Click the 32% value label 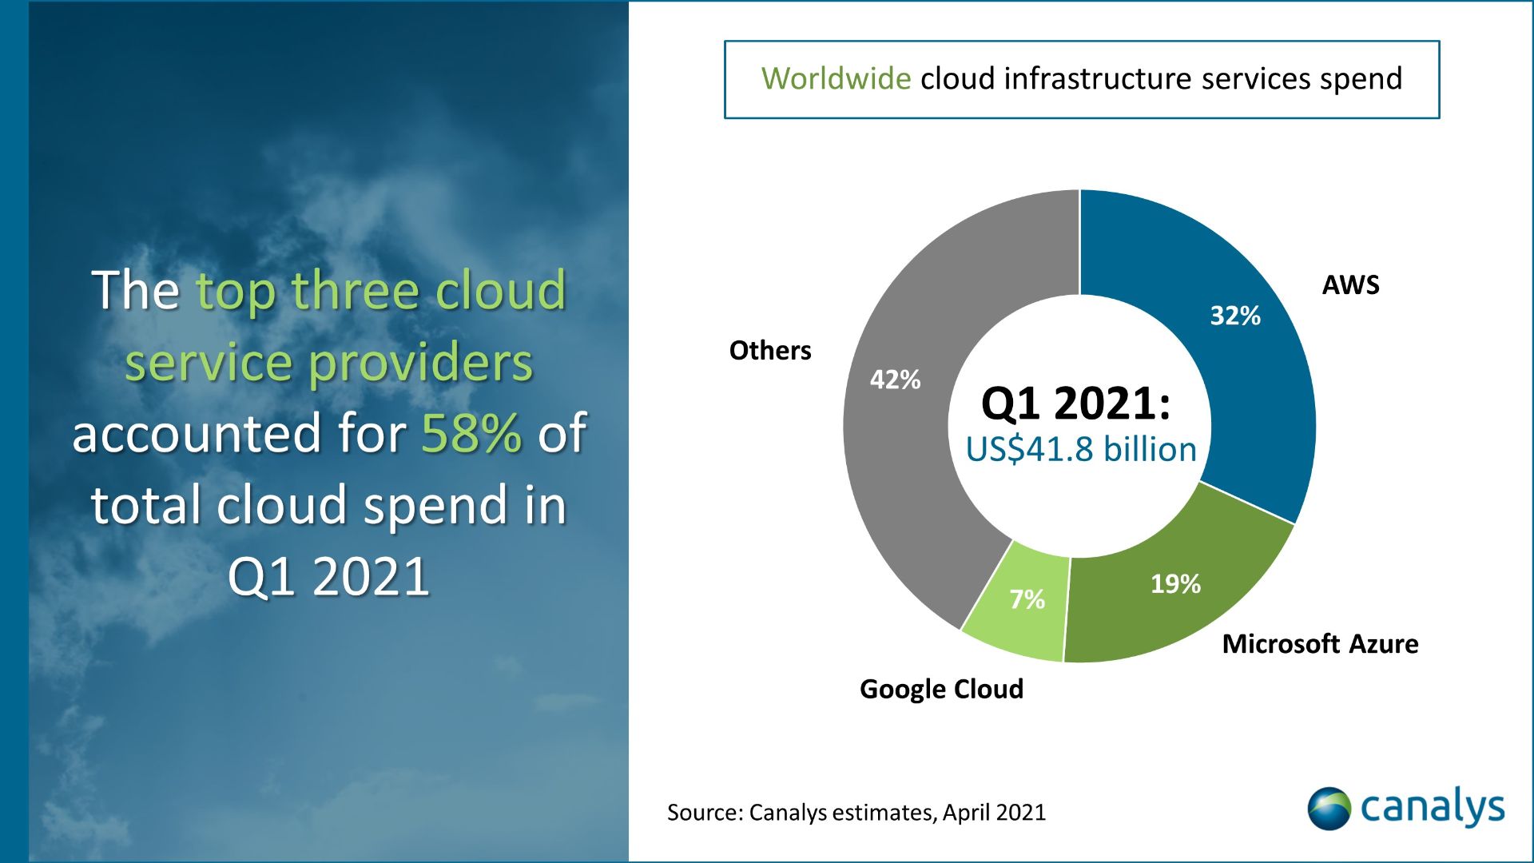(x=1235, y=316)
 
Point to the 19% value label (x=1175, y=584)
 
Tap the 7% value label (x=1027, y=599)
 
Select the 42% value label (x=895, y=379)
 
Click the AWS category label (x=1350, y=285)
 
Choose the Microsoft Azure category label (x=1320, y=644)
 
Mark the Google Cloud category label (x=941, y=689)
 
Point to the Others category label (x=770, y=350)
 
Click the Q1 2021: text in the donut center (x=1075, y=403)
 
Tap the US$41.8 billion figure (x=1081, y=449)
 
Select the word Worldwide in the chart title (x=836, y=78)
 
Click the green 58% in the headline (x=471, y=433)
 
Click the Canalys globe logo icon (x=1329, y=809)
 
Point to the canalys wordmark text (x=1433, y=809)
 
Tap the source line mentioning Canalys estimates (x=856, y=813)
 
